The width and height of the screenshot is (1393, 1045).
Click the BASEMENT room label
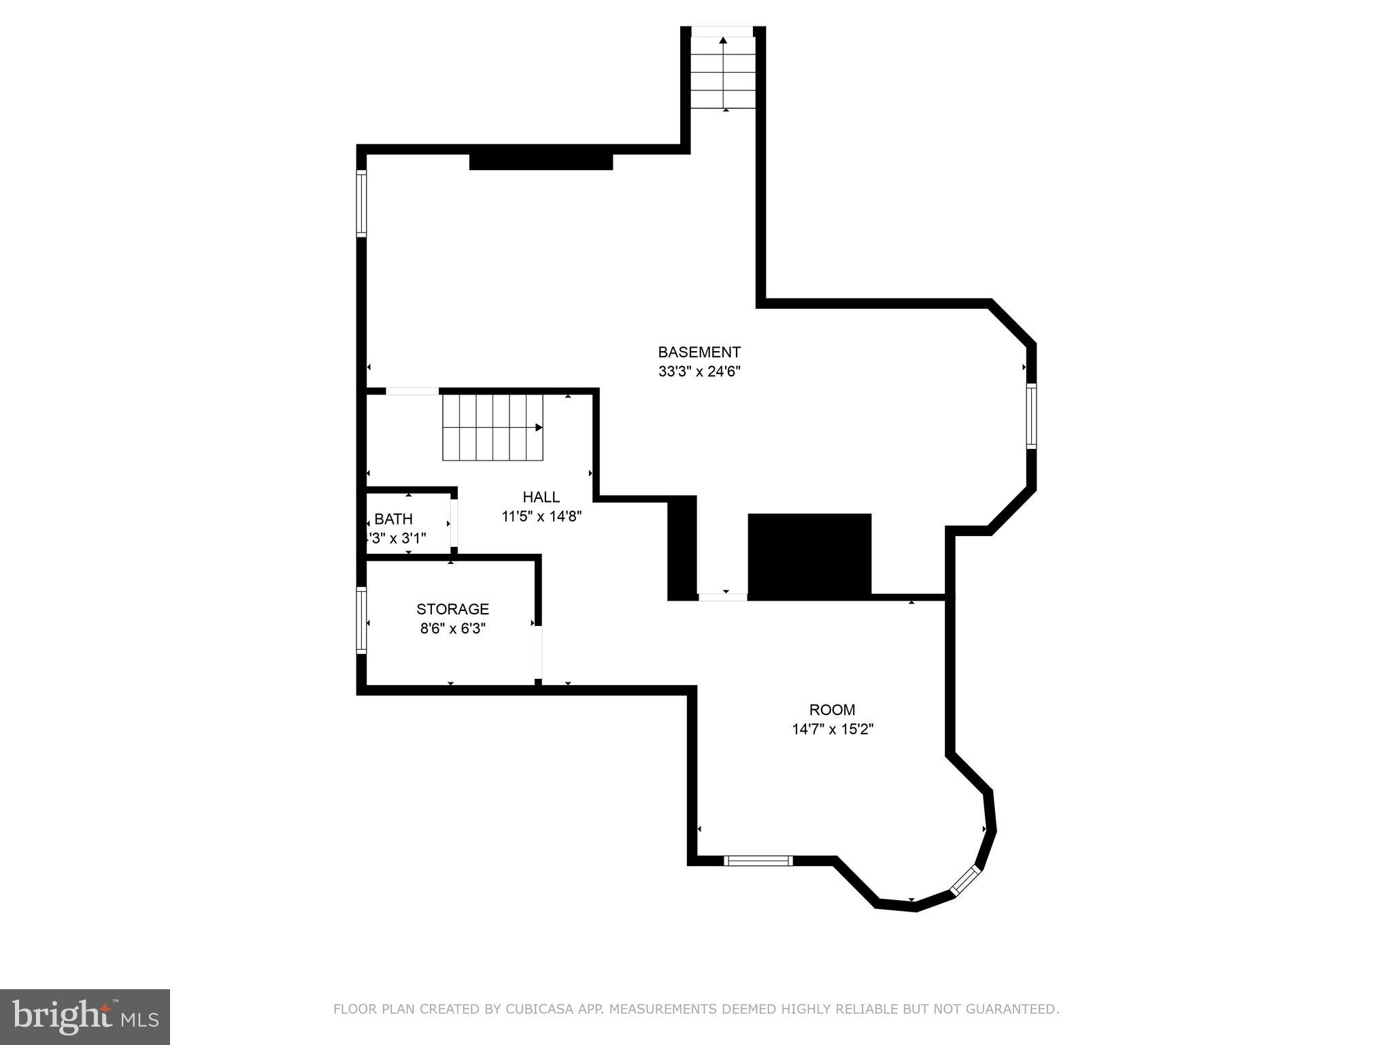699,352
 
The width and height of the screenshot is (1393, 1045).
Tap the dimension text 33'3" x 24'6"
699,371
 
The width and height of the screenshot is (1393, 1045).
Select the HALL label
541,497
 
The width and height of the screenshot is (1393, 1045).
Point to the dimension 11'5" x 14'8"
541,516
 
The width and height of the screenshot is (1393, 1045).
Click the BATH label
393,520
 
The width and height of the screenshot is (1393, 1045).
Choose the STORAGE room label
452,609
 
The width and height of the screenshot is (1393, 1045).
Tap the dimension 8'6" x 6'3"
452,629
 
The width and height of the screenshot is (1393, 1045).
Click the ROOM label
832,710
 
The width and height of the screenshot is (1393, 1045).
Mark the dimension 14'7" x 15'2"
832,729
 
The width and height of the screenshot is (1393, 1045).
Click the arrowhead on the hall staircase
539,428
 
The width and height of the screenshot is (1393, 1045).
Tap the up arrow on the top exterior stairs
723,41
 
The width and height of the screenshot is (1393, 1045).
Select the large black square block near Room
809,554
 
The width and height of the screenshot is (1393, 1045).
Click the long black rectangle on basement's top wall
541,162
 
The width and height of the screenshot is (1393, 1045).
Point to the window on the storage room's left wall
362,620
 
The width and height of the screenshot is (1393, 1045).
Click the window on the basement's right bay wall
1031,416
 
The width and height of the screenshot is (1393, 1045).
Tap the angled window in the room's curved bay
964,881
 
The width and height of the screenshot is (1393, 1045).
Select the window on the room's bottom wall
758,861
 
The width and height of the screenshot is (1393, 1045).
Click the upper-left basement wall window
362,203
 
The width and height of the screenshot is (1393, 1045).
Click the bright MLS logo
84,1016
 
